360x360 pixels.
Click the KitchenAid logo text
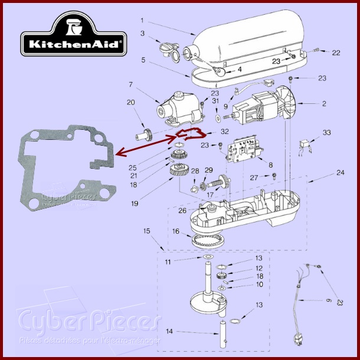(x=73, y=43)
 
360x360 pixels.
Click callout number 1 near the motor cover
(x=142, y=21)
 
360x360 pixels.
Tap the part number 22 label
(x=336, y=53)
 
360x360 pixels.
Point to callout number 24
(x=340, y=173)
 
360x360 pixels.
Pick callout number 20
(x=131, y=102)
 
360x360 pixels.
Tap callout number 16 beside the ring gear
(x=175, y=232)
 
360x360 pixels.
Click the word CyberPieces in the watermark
(x=89, y=322)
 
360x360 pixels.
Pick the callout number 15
(x=148, y=231)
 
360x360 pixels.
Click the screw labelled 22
(x=316, y=51)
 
